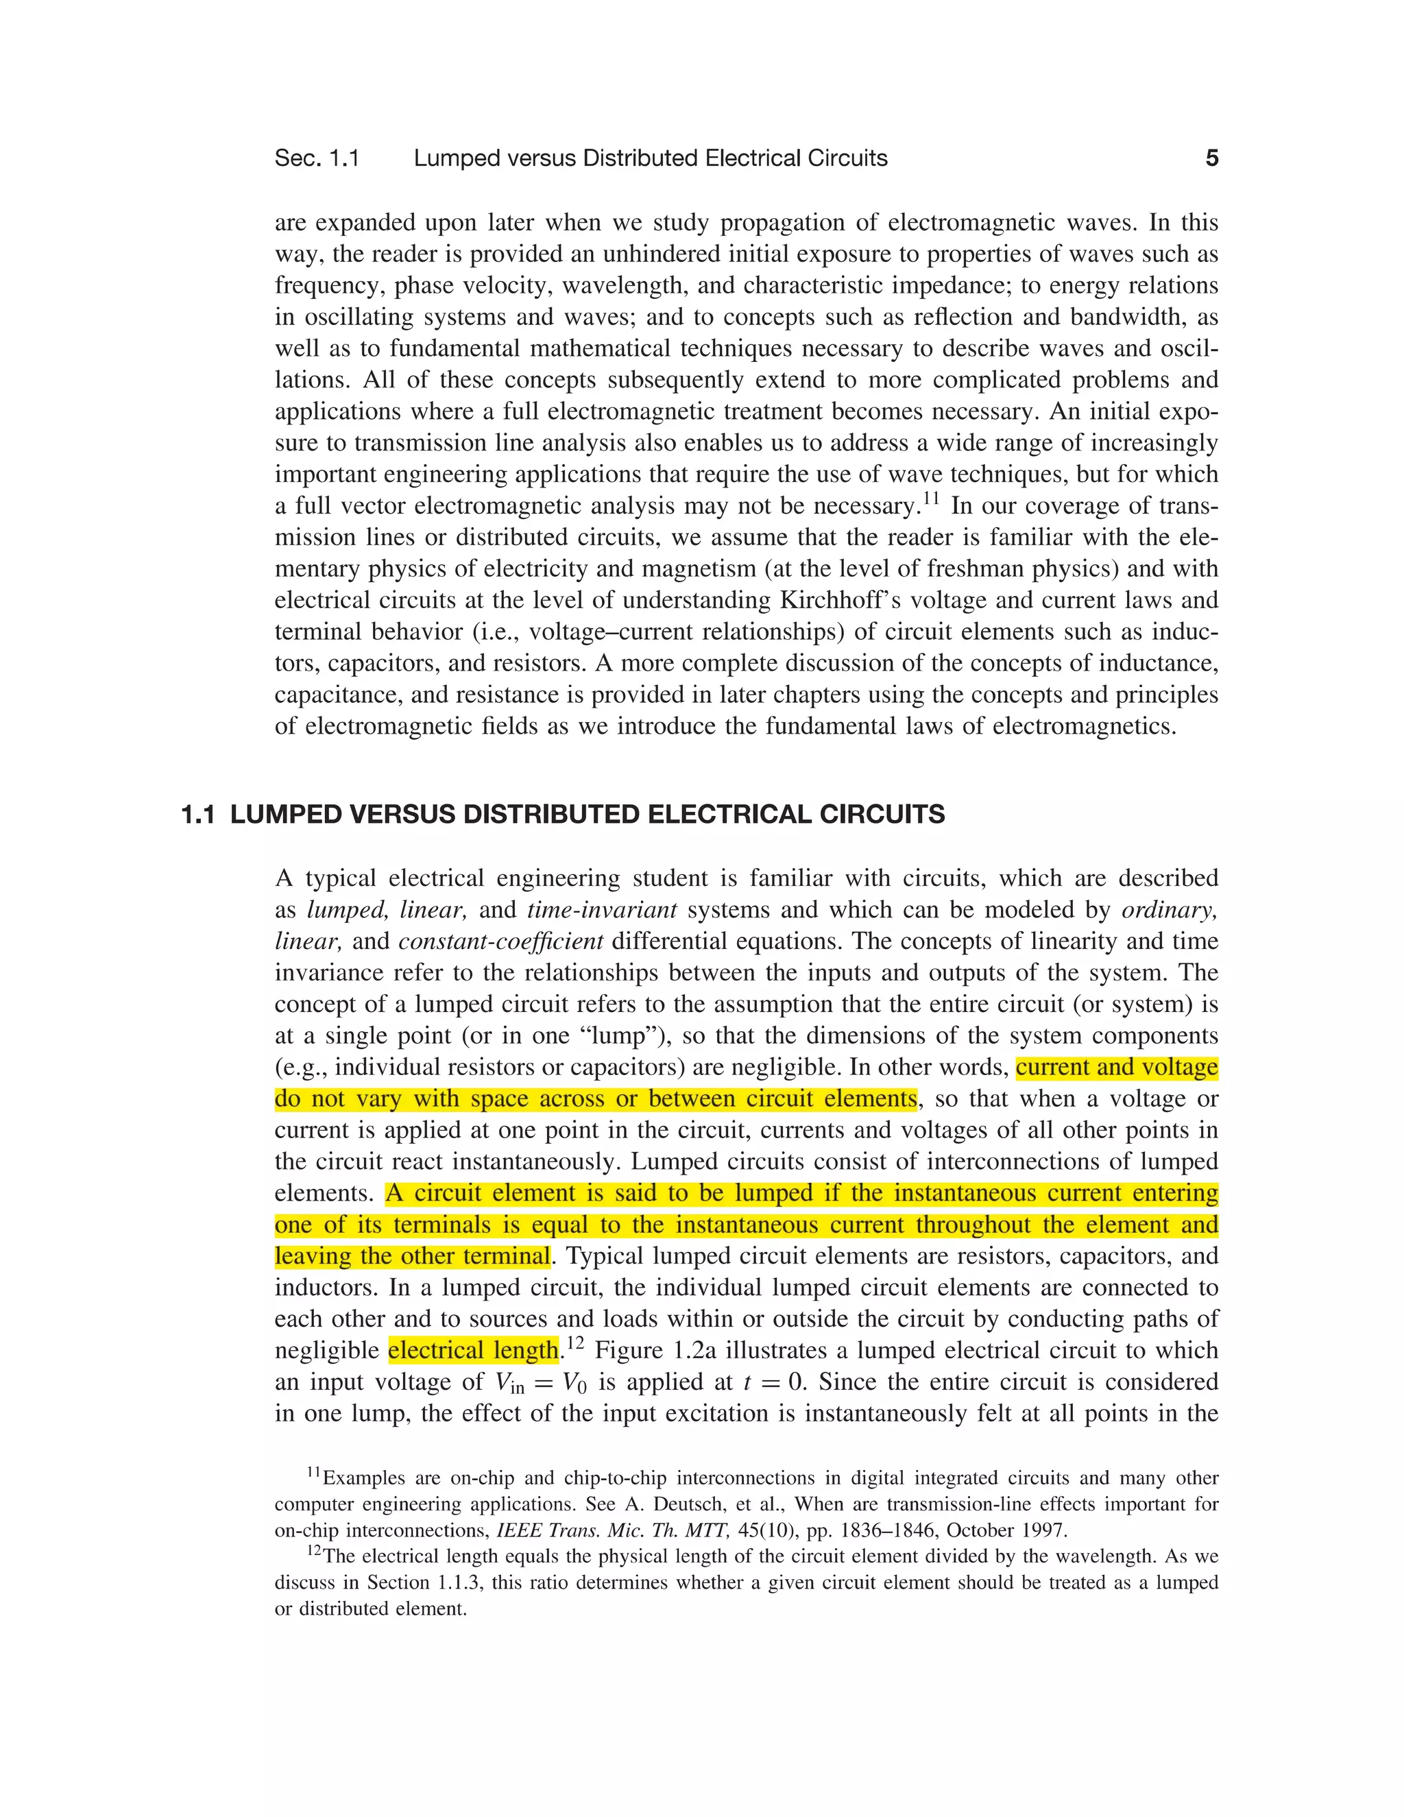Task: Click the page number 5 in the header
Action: pyautogui.click(x=1212, y=158)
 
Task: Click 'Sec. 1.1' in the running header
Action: pyautogui.click(x=317, y=158)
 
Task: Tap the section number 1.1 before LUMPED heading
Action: pyautogui.click(x=198, y=815)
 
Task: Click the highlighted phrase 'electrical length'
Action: pyautogui.click(x=473, y=1350)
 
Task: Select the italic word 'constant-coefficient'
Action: pyautogui.click(x=500, y=942)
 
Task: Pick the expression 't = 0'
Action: pyautogui.click(x=773, y=1382)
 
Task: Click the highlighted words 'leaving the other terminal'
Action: pyautogui.click(x=413, y=1256)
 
